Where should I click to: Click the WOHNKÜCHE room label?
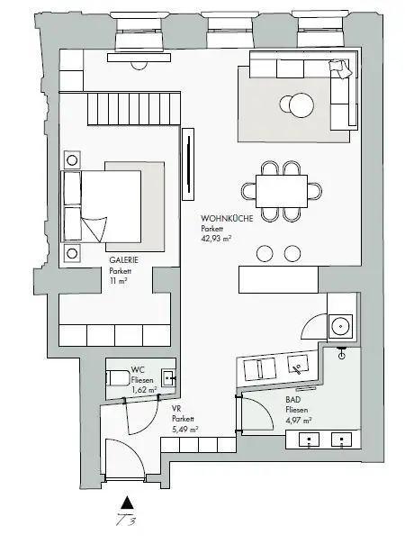point(227,218)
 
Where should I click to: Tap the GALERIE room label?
point(124,260)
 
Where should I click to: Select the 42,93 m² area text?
point(216,239)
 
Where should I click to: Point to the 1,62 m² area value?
point(144,390)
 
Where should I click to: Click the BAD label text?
point(293,400)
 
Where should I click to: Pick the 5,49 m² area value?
point(185,429)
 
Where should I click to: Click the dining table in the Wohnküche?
point(282,191)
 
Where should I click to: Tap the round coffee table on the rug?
point(301,104)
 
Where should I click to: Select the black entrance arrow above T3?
point(128,503)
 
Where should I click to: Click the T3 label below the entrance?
point(126,520)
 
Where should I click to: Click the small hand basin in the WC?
point(168,377)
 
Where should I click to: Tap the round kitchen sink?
point(340,326)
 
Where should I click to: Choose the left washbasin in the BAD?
point(309,440)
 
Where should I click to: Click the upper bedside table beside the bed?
point(72,160)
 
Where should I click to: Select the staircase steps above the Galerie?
point(133,108)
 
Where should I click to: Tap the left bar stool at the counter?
point(265,253)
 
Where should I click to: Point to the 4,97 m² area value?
point(299,420)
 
